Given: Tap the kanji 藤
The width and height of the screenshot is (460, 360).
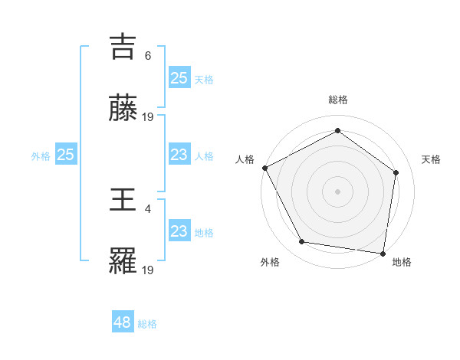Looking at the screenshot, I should pos(123,110).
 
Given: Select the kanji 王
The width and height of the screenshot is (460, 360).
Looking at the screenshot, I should pos(123,200).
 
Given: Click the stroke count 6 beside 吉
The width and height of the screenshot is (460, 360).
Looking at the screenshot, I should pos(148,55).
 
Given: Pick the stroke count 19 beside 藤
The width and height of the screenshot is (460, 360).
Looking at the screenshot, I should pos(148,117).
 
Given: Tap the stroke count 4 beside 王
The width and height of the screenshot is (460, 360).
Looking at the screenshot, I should pos(148,208).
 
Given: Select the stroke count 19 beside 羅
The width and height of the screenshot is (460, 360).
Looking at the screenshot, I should pos(148,270).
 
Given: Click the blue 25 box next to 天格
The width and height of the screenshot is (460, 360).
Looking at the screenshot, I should pos(179,77).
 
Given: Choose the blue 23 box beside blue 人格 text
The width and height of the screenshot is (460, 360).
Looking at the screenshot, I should pos(179,155).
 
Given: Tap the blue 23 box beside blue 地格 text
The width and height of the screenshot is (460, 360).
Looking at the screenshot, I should pos(179,231).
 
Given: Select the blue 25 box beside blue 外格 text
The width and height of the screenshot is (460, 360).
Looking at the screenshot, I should pos(65,155).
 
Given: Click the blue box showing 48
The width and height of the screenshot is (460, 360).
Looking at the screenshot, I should pos(123,322).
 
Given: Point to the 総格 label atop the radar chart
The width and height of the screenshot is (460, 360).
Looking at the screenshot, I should pos(337,100).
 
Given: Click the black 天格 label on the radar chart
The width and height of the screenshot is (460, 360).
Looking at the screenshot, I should pos(431,159).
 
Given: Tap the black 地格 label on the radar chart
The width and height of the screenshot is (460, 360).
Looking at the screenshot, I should pos(401,262).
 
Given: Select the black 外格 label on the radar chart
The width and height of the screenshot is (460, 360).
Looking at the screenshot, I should pos(270,262).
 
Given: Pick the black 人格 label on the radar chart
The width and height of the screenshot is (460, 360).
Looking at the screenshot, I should pos(245,159).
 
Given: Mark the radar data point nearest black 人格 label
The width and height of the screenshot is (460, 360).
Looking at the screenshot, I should pos(264,168).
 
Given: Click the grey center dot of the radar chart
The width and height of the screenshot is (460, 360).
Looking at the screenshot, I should pos(337,191).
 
